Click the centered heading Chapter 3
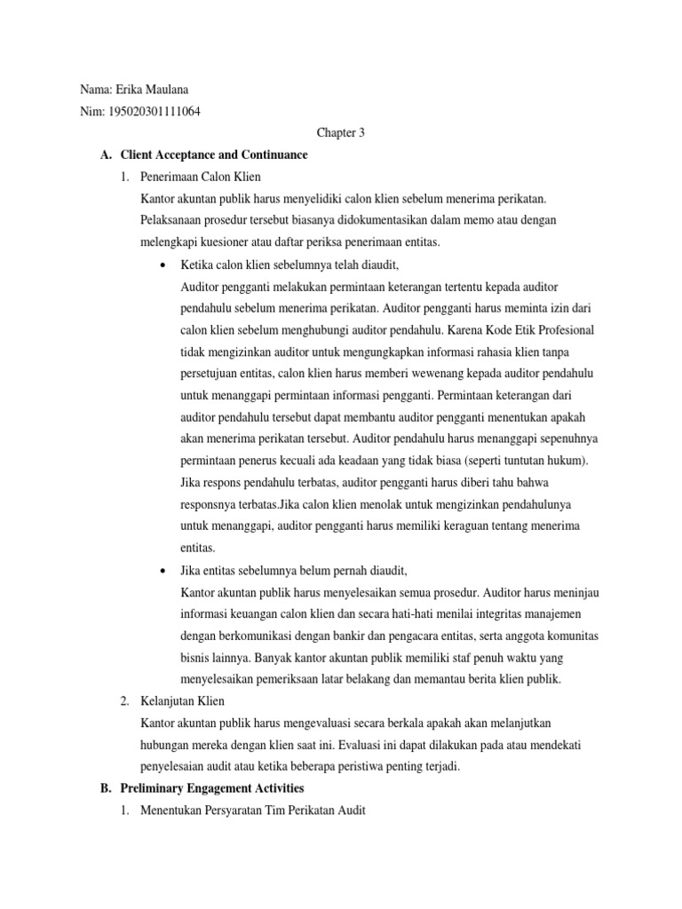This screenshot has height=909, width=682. point(341,133)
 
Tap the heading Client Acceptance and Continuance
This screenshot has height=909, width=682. point(213,154)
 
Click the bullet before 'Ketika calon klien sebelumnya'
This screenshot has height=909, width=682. point(161,265)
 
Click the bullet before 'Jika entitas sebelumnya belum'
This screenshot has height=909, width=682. point(161,570)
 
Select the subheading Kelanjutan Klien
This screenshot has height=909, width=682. point(183,700)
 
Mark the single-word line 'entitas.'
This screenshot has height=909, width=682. point(197,548)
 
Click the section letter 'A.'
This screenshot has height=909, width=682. point(106,154)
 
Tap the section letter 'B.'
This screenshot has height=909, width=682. point(106,787)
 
